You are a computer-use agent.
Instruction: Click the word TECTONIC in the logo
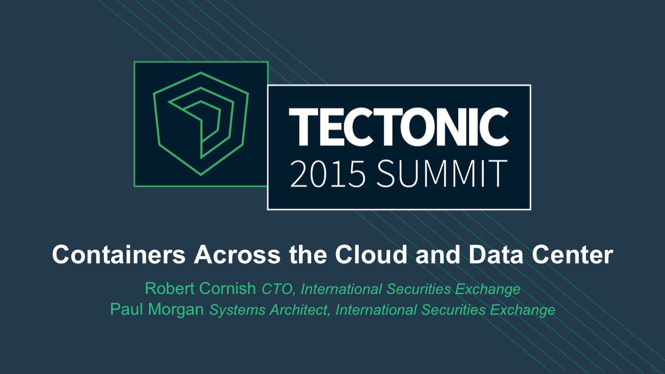398,127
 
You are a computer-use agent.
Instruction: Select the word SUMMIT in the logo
442,173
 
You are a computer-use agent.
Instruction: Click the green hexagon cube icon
201,124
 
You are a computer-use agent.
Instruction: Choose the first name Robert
170,288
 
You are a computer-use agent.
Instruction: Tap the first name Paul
126,310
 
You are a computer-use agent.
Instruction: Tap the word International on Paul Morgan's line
376,311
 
